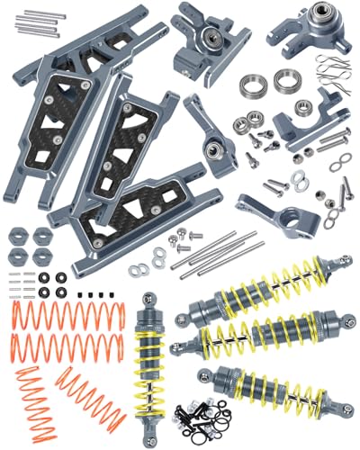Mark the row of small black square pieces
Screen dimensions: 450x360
(x=90, y=294)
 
